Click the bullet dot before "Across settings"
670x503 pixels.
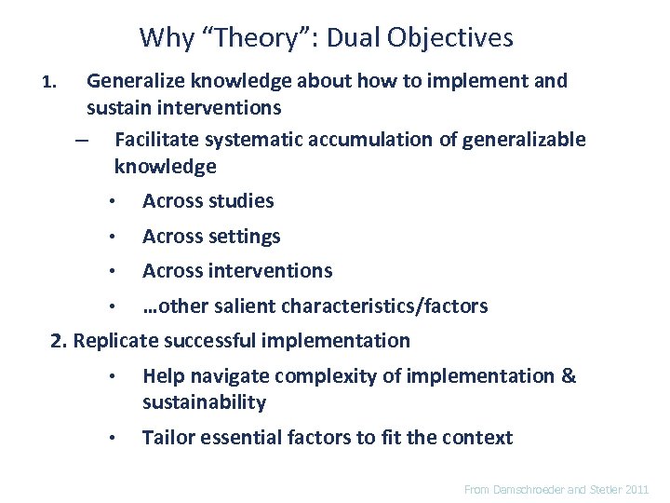[110, 238]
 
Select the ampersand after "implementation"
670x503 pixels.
[569, 376]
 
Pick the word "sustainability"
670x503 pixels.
[204, 402]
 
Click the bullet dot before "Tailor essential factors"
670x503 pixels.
[110, 439]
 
